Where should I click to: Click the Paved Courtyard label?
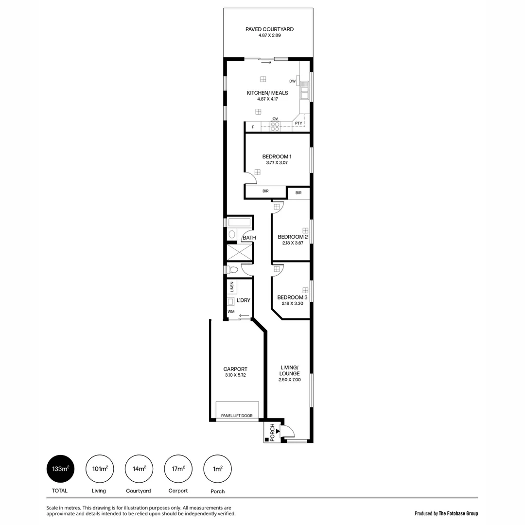(x=269, y=29)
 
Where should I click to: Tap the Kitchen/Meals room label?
(x=267, y=93)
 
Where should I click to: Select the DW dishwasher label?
(x=292, y=81)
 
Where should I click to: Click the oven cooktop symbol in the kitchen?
(x=275, y=126)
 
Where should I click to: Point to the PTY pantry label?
(x=298, y=123)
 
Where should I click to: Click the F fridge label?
(x=253, y=127)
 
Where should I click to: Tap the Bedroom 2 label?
(x=293, y=237)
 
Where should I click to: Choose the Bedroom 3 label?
(x=292, y=297)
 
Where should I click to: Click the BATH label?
(x=249, y=238)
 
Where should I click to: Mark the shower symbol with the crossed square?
(x=240, y=252)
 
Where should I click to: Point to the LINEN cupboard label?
(x=232, y=287)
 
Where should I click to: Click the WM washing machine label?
(x=231, y=311)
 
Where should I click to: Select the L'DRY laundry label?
(x=244, y=300)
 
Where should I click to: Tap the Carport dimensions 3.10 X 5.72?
(x=235, y=375)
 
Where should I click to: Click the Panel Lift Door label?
(x=237, y=416)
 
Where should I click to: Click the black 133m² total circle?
(x=60, y=469)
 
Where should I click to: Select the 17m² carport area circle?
(x=178, y=469)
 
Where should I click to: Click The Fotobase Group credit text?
(x=458, y=513)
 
